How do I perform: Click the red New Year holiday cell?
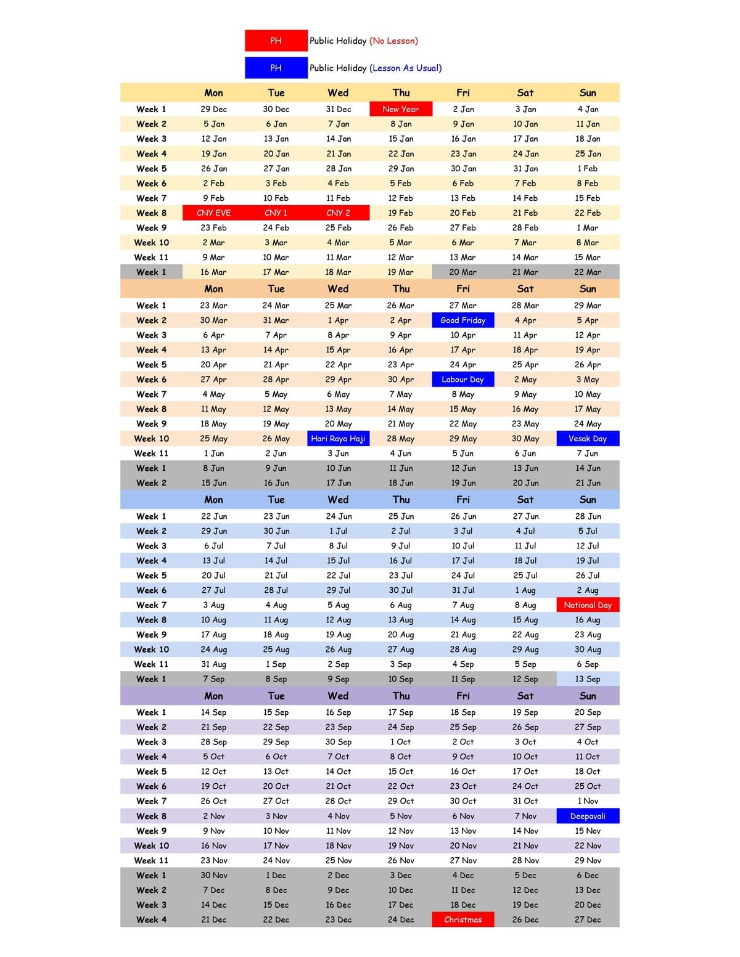coord(401,109)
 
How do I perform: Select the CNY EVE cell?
coord(213,213)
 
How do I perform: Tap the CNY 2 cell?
coord(338,213)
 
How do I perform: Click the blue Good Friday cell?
coord(462,320)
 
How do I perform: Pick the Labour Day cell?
coord(462,380)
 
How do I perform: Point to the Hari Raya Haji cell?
coord(338,439)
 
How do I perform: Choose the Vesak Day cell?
coord(588,439)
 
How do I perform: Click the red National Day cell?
coord(588,605)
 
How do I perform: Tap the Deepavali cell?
coord(588,816)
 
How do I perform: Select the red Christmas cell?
coord(462,919)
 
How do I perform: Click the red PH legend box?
coord(276,41)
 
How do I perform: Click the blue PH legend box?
coord(276,68)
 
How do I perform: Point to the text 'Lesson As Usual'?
coord(406,68)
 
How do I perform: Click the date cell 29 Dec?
coord(213,109)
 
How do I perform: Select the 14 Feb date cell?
coord(525,198)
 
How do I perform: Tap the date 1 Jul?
coord(338,531)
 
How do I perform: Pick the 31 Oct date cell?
coord(525,801)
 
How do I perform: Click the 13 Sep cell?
coord(588,679)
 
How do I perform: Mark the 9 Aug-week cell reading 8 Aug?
coord(525,605)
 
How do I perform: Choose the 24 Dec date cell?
coord(401,919)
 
